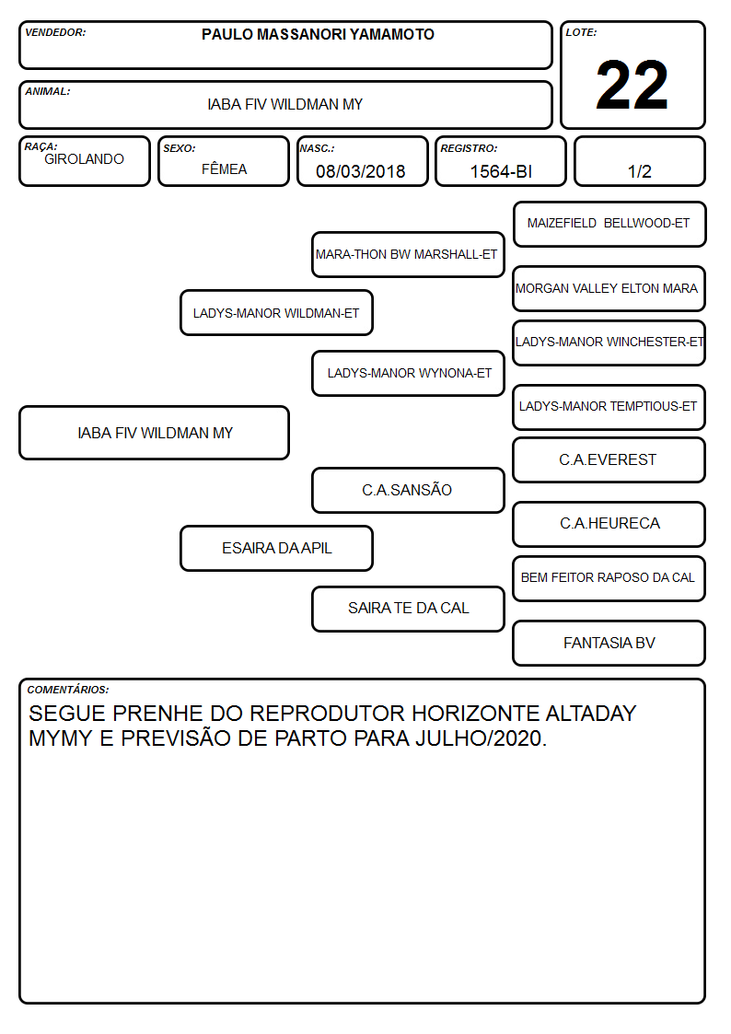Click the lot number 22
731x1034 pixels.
point(632,85)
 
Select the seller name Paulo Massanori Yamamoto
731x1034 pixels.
point(318,34)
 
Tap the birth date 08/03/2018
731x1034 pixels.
point(361,171)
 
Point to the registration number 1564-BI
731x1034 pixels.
point(501,171)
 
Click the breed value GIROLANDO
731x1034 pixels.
point(84,159)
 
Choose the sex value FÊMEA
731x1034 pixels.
point(224,168)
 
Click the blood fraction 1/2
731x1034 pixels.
point(639,171)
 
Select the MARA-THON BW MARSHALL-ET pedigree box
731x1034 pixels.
point(408,254)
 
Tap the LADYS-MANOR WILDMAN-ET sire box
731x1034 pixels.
point(276,312)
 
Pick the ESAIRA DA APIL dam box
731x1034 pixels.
point(276,548)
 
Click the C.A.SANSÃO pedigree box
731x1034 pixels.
point(408,490)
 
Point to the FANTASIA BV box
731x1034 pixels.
point(609,643)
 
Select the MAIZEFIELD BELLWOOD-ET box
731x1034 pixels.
point(609,224)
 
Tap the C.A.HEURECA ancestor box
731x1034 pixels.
point(609,524)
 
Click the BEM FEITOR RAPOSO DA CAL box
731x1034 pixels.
point(609,577)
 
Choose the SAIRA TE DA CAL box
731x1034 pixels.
point(408,608)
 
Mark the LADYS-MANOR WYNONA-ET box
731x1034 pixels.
point(408,373)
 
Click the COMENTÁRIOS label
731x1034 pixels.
point(68,690)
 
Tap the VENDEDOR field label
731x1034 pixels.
point(55,32)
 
